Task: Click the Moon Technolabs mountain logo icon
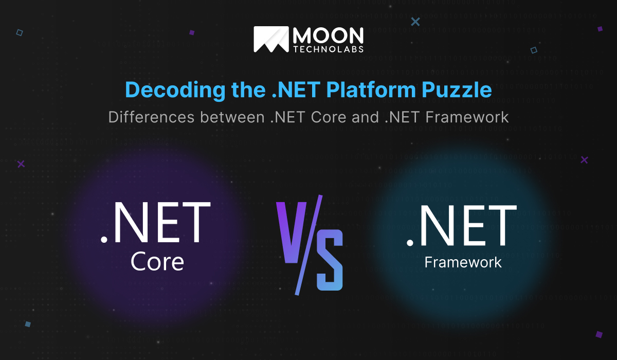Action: pos(271,40)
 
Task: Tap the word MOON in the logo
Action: pos(328,35)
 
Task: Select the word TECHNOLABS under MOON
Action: pos(328,49)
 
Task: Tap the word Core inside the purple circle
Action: pos(157,261)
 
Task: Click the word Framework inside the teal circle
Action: pos(463,262)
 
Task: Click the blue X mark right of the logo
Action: pos(415,22)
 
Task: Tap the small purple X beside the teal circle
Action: pos(584,160)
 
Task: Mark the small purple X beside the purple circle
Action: pos(21,164)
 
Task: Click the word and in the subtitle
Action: pos(365,117)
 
